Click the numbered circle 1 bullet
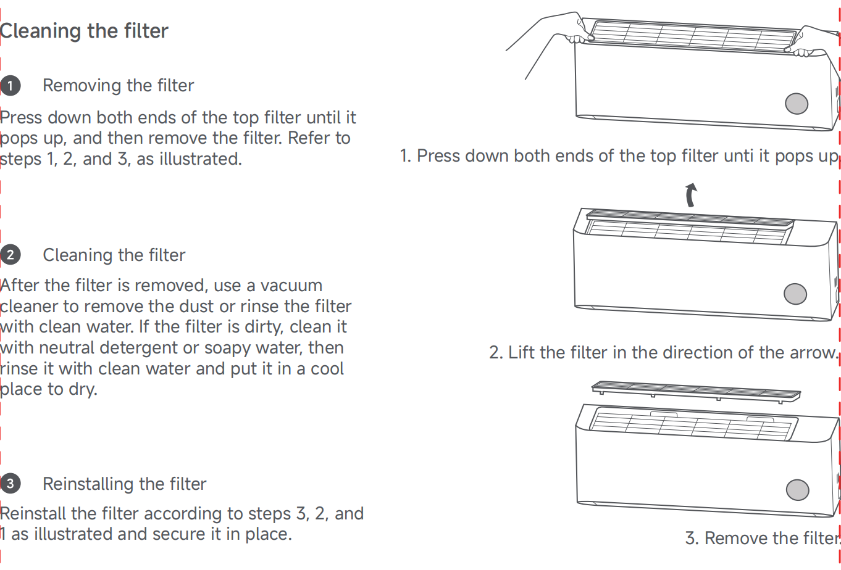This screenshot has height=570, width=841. tap(10, 86)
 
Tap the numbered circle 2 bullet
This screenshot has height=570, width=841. tap(10, 255)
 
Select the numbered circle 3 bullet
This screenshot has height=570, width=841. tap(10, 484)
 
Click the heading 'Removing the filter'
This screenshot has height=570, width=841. tap(119, 86)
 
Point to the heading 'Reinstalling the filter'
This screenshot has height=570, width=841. tap(125, 484)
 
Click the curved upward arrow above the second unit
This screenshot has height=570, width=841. tap(690, 195)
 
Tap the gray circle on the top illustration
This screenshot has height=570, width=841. tap(797, 104)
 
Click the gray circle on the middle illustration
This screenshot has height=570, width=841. tap(795, 294)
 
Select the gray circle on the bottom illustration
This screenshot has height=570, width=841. tap(797, 490)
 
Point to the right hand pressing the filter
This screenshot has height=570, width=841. tap(811, 42)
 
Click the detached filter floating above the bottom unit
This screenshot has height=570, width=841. tap(696, 392)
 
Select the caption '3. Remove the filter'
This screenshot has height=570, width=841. tap(761, 538)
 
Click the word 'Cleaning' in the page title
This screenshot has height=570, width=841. tap(40, 31)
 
